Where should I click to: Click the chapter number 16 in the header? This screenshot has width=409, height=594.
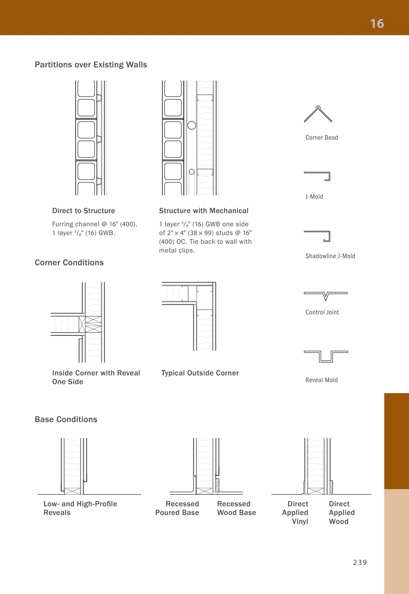pos(377,24)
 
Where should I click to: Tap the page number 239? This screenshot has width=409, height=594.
pos(360,562)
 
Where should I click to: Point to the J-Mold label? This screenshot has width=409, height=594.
pos(314,196)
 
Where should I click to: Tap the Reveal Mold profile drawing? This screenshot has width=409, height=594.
pos(326,356)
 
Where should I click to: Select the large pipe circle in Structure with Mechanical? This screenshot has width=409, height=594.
pos(192,125)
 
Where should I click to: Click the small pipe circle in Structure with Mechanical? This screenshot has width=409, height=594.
pos(192,172)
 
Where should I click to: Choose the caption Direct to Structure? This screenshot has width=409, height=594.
pos(83,211)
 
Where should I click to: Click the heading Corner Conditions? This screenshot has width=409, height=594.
pos(69,262)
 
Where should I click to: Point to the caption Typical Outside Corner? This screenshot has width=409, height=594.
pos(200,373)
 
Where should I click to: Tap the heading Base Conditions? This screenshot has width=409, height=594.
pos(66,419)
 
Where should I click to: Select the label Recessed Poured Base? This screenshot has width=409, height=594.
pos(177,508)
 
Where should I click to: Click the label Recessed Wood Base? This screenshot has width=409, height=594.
pos(236,508)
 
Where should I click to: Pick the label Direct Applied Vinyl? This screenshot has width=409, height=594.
pos(296,512)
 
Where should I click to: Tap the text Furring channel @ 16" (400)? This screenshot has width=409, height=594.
pos(95,224)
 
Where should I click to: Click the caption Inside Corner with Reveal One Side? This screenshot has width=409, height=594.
pos(96,377)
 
